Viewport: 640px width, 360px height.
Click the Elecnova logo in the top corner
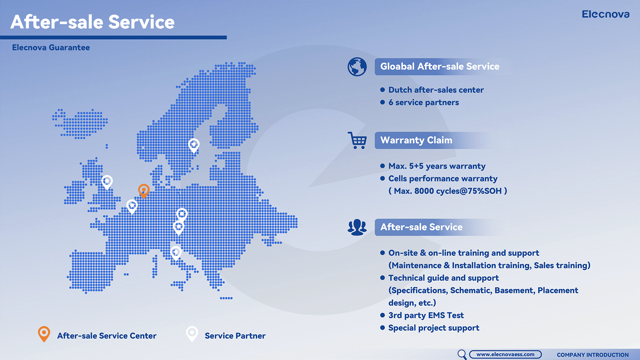point(606,14)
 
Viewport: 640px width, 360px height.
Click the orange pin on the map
point(144,191)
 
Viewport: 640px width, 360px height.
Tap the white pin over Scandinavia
point(194,146)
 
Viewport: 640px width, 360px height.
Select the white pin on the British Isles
point(107,182)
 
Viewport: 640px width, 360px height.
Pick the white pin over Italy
point(176,253)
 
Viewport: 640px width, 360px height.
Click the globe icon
point(357,67)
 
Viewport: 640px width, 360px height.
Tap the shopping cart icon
point(357,140)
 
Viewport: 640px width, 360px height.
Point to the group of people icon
point(357,227)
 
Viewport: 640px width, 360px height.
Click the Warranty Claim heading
point(416,140)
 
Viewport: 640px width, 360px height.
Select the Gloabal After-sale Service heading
point(440,66)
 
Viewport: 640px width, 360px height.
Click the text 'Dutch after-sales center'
point(436,90)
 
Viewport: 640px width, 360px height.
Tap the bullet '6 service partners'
point(424,102)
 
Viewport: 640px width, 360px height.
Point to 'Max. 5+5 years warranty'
point(437,166)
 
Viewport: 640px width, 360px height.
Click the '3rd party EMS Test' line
point(426,316)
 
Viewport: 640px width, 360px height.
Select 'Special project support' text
point(434,328)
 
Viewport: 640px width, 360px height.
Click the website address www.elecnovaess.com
point(505,354)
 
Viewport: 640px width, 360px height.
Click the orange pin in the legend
point(44,334)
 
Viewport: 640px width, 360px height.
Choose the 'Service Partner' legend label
point(235,336)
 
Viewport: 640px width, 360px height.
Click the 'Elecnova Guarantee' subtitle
point(51,48)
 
